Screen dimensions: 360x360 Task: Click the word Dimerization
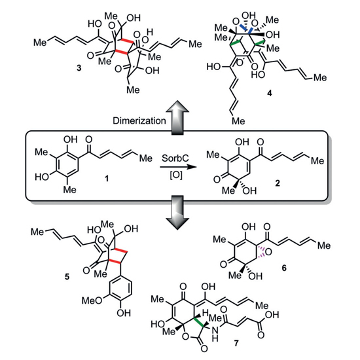click(139, 120)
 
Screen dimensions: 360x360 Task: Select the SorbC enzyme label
click(175, 158)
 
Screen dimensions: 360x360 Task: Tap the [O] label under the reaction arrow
click(176, 175)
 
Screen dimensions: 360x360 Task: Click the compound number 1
click(107, 179)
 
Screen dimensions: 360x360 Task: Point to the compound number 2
click(278, 183)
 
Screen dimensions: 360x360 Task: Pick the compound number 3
click(79, 68)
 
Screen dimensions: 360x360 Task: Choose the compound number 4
click(269, 93)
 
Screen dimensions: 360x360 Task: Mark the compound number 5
click(67, 277)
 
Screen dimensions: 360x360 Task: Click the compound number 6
click(284, 268)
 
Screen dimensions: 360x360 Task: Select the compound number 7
click(236, 343)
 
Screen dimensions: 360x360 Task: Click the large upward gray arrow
click(177, 117)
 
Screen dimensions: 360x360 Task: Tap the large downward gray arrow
click(177, 212)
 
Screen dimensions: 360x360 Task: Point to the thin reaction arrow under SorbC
click(179, 167)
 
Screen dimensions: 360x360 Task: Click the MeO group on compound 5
click(92, 300)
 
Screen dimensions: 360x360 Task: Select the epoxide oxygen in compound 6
click(268, 252)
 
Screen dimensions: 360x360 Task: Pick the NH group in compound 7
click(215, 334)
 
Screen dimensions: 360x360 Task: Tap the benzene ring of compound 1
click(67, 164)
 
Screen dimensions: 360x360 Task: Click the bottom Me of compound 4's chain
click(238, 121)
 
